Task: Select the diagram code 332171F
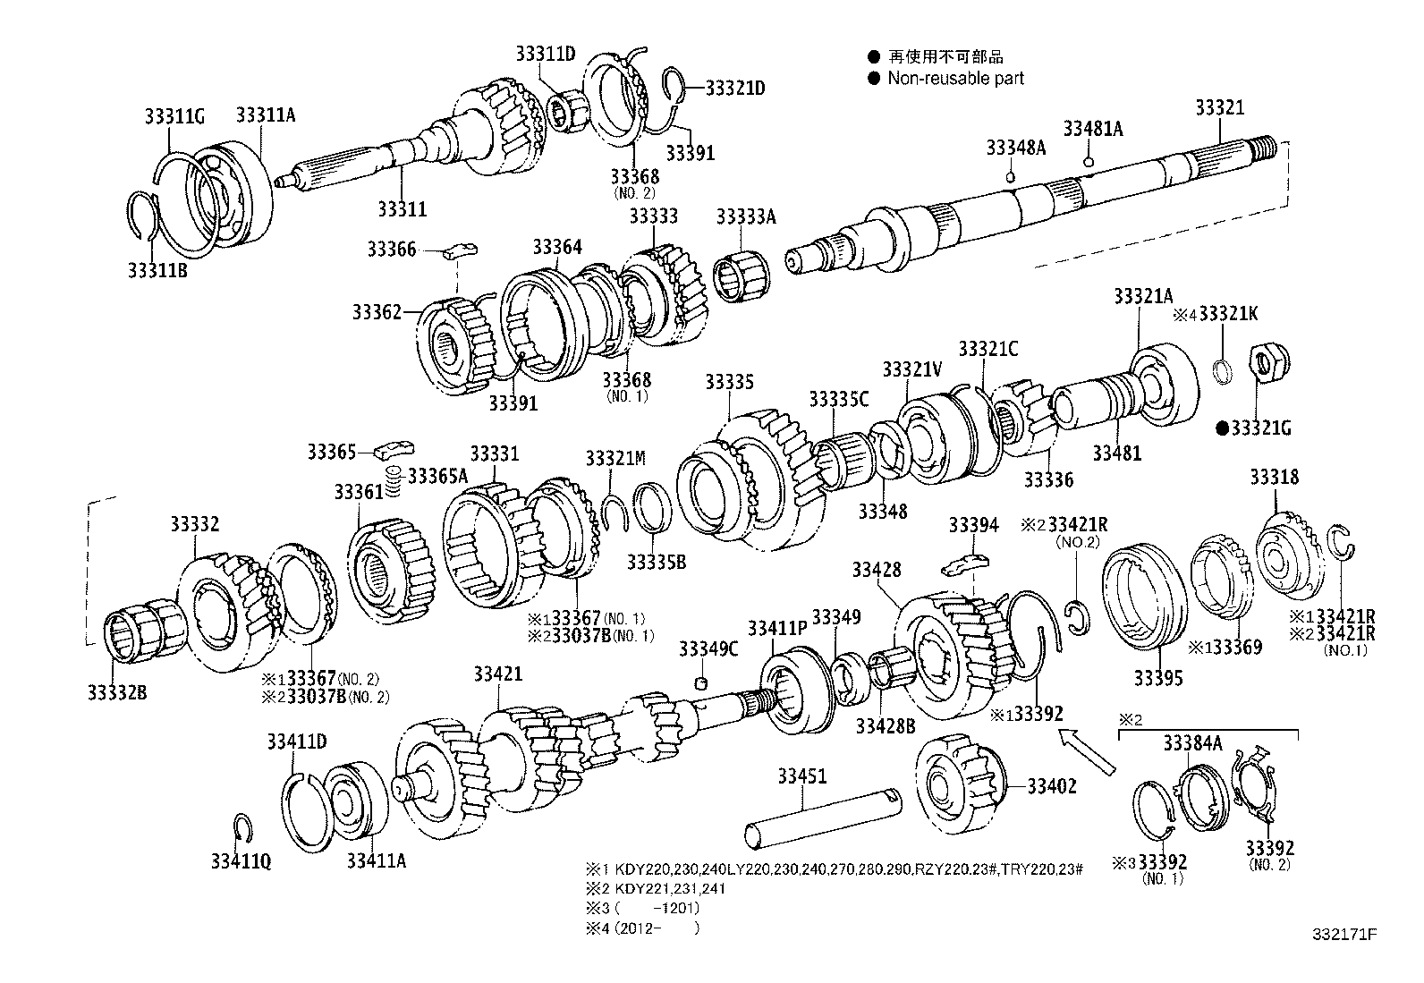point(1344,935)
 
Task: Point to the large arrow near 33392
point(1088,750)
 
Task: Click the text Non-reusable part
point(955,79)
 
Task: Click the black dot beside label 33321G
point(1222,428)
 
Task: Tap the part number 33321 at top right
point(1219,108)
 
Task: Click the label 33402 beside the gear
point(1051,786)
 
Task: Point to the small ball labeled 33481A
point(1088,162)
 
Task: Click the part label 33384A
point(1191,742)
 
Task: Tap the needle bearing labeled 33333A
point(739,269)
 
